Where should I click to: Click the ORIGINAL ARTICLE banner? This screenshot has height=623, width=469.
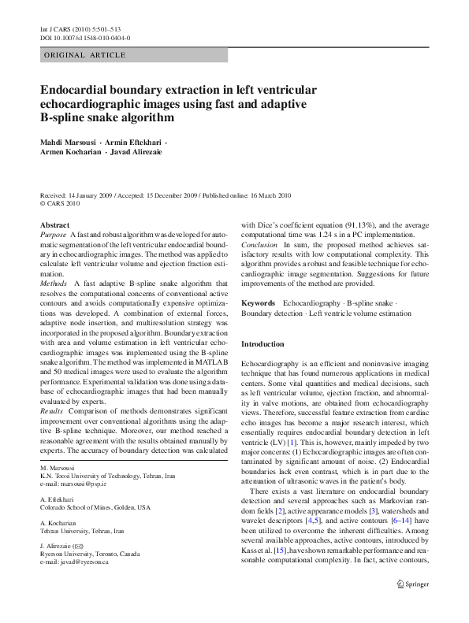click(x=84, y=55)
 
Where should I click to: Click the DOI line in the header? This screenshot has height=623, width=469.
click(x=85, y=37)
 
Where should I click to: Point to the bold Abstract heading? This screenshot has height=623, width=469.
click(x=54, y=224)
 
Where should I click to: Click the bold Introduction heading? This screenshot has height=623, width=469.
click(x=262, y=344)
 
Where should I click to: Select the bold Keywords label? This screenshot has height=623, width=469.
click(x=258, y=302)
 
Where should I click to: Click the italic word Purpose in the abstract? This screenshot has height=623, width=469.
click(x=53, y=235)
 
